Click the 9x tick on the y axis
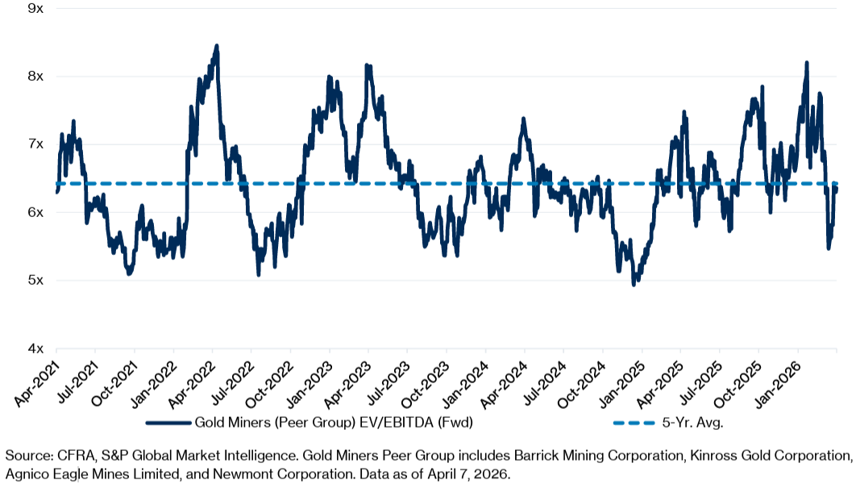click(x=35, y=8)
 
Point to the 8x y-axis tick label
click(x=35, y=76)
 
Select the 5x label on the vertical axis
click(x=35, y=281)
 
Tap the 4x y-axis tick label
click(x=35, y=348)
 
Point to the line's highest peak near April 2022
click(x=216, y=46)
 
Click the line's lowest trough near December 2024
click(x=634, y=284)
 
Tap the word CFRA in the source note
click(x=61, y=457)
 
